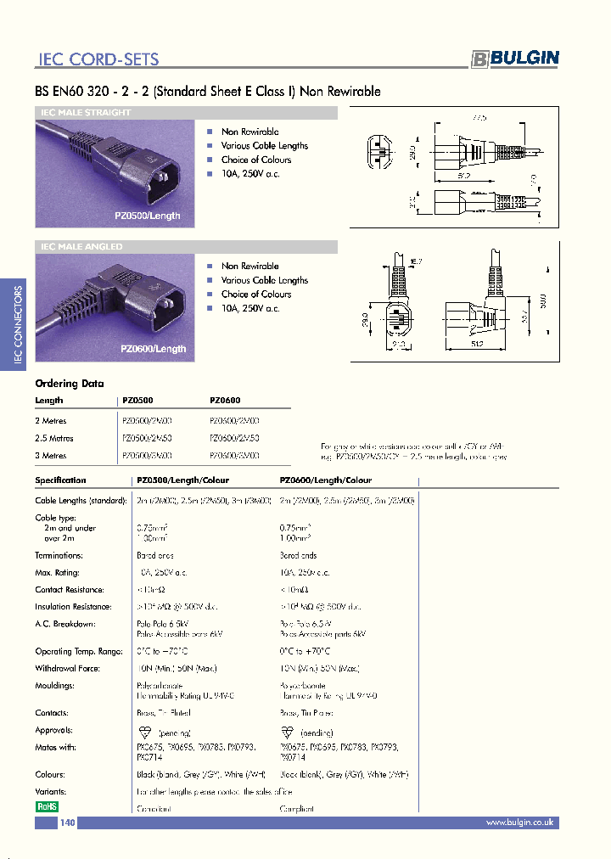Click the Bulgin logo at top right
point(515,58)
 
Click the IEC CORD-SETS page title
point(98,59)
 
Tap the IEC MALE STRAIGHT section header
point(86,113)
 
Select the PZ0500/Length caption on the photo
point(148,216)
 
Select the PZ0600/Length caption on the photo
point(153,349)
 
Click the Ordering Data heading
point(70,384)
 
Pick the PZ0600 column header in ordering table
point(225,401)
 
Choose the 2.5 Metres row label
point(54,439)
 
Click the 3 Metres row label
point(51,456)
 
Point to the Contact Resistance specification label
point(70,590)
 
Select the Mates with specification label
point(57,747)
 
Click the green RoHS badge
point(47,807)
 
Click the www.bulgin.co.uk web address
point(519,823)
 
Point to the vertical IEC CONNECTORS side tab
point(18,326)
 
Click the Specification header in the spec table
point(60,480)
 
